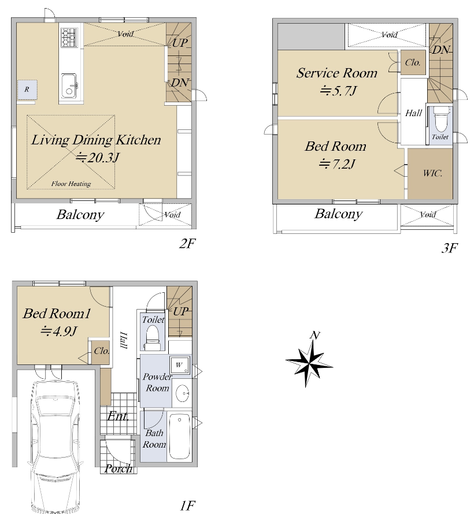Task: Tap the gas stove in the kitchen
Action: [x=69, y=38]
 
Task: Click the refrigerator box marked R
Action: [x=27, y=89]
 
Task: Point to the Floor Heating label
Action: [x=71, y=184]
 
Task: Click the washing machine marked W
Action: [x=179, y=365]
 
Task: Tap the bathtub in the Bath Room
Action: [x=179, y=436]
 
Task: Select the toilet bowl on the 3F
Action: [x=439, y=121]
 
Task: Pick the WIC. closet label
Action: [x=432, y=173]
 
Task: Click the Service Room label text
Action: [x=337, y=73]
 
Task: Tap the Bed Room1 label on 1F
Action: [x=57, y=314]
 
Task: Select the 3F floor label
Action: [x=449, y=248]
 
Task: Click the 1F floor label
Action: [x=187, y=505]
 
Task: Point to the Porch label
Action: [x=118, y=468]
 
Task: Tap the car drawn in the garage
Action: [x=55, y=446]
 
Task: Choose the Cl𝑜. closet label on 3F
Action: [x=413, y=62]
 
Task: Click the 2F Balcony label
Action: [x=80, y=215]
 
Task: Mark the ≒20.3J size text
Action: [x=98, y=158]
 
